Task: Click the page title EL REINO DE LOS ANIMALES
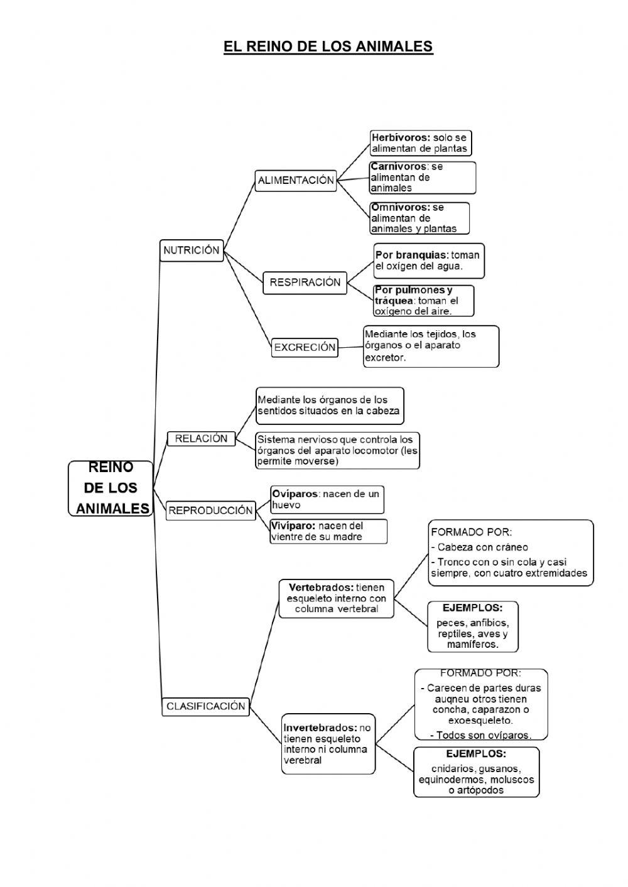(x=328, y=46)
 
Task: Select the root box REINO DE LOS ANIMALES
(x=111, y=488)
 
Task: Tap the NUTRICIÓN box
(x=192, y=250)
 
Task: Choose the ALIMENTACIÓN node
(x=296, y=180)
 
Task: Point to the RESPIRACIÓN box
(x=305, y=282)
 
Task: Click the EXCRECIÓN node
(x=305, y=347)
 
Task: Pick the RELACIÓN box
(x=201, y=439)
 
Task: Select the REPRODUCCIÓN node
(x=210, y=510)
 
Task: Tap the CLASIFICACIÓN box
(x=205, y=706)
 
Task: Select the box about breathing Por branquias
(x=429, y=261)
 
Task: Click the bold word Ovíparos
(x=295, y=494)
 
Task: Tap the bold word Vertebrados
(x=320, y=588)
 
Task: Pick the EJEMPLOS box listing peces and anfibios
(x=473, y=626)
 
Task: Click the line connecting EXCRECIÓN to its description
(x=350, y=347)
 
